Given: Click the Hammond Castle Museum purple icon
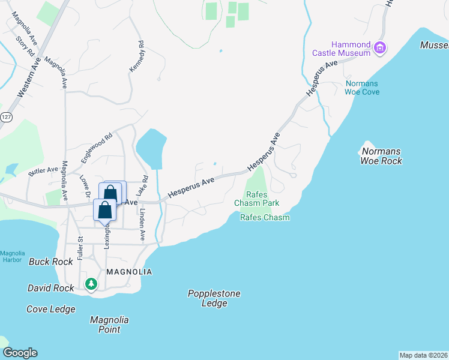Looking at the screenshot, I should pyautogui.click(x=379, y=48).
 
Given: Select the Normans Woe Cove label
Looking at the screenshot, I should pyautogui.click(x=362, y=88).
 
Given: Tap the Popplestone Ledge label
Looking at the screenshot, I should pyautogui.click(x=214, y=298).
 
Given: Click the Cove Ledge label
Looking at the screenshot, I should pyautogui.click(x=51, y=309).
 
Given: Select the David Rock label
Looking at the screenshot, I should pyautogui.click(x=51, y=288).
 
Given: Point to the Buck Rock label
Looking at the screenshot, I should pyautogui.click(x=51, y=262).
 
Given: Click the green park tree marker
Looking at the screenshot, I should pyautogui.click(x=91, y=283).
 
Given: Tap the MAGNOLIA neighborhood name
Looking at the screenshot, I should pyautogui.click(x=128, y=272).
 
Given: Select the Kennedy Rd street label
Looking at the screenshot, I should pyautogui.click(x=137, y=58).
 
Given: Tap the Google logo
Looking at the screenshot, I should pyautogui.click(x=20, y=353).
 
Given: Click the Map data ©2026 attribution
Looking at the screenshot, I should pyautogui.click(x=423, y=355).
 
